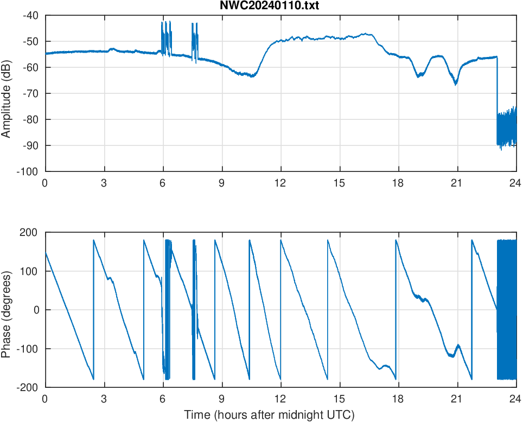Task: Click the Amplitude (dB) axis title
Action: click(x=7, y=93)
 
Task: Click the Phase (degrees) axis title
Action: click(x=7, y=310)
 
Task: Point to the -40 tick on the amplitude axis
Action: click(x=31, y=15)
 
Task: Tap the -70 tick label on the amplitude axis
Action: click(x=31, y=93)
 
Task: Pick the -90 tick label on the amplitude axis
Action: click(x=31, y=145)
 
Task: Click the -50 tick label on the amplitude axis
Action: click(x=31, y=41)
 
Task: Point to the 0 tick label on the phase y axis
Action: click(x=38, y=310)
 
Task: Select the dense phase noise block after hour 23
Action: click(x=507, y=310)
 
